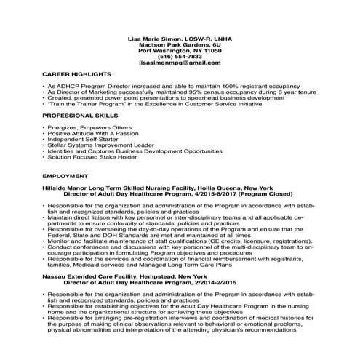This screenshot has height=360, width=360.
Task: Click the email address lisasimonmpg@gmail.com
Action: (180, 63)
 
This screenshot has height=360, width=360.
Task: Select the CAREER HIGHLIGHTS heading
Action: (76, 75)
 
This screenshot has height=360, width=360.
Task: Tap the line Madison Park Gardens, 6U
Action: (180, 44)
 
